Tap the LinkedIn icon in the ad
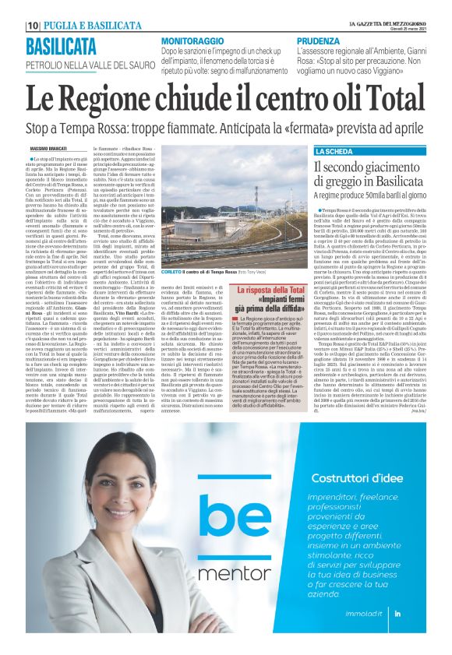[419, 615]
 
